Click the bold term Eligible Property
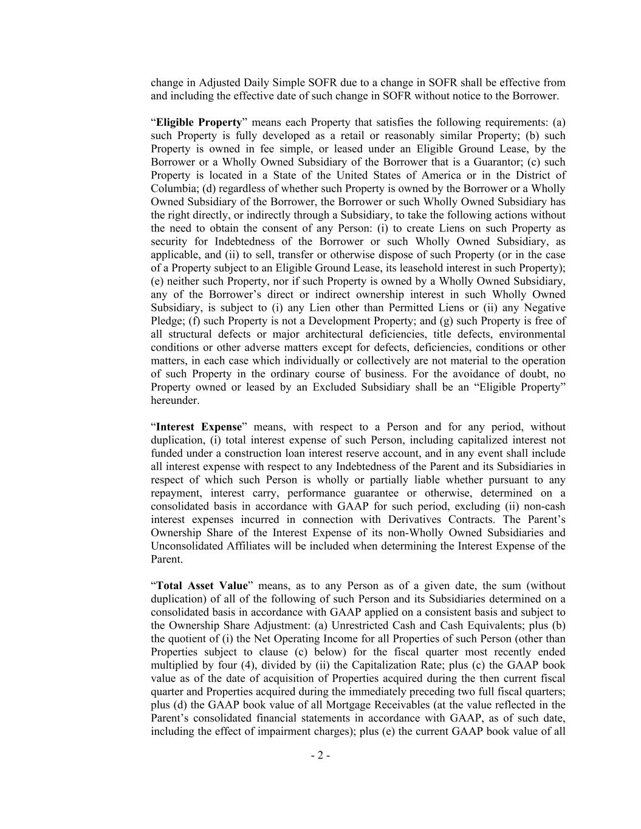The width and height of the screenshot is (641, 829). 199,122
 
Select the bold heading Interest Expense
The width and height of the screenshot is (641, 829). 199,427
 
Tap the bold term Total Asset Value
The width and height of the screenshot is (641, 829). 202,586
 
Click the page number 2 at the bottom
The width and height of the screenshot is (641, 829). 320,756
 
